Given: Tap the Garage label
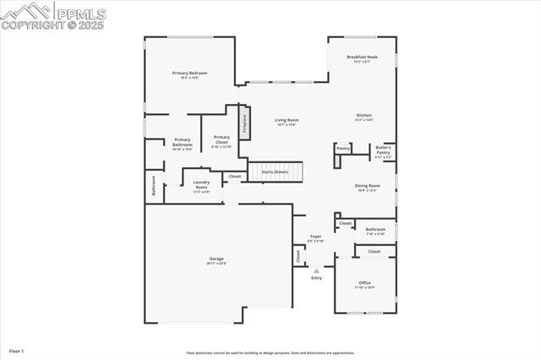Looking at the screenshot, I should [216, 260].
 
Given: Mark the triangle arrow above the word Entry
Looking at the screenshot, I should [316, 270].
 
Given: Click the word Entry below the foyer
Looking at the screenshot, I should [316, 278].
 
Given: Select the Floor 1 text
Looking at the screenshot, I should [17, 350].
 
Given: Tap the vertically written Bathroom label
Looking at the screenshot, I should [154, 185].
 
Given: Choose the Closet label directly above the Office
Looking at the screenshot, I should [374, 251].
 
